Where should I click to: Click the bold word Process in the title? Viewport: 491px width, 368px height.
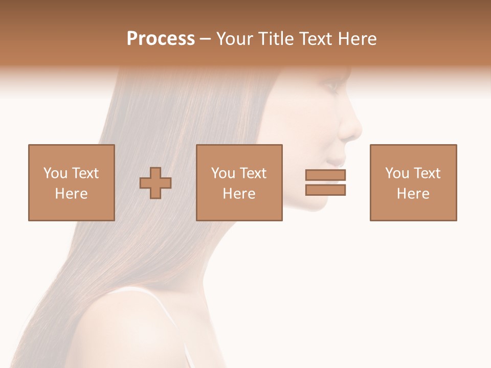pos(161,39)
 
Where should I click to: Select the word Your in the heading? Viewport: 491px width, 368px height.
pos(236,39)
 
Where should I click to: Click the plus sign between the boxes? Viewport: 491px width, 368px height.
pos(155,182)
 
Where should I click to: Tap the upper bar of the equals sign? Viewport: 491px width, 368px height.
pos(325,175)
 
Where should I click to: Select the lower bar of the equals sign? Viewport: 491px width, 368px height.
pos(325,190)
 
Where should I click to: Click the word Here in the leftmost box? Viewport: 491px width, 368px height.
pos(71,194)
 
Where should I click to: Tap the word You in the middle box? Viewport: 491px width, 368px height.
pos(222,173)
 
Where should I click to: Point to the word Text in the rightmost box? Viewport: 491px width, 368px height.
pos(428,173)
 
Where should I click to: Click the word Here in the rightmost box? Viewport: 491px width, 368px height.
pos(413,194)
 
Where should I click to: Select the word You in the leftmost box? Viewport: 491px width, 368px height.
pos(55,173)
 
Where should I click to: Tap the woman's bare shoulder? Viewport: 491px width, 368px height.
pos(128,327)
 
